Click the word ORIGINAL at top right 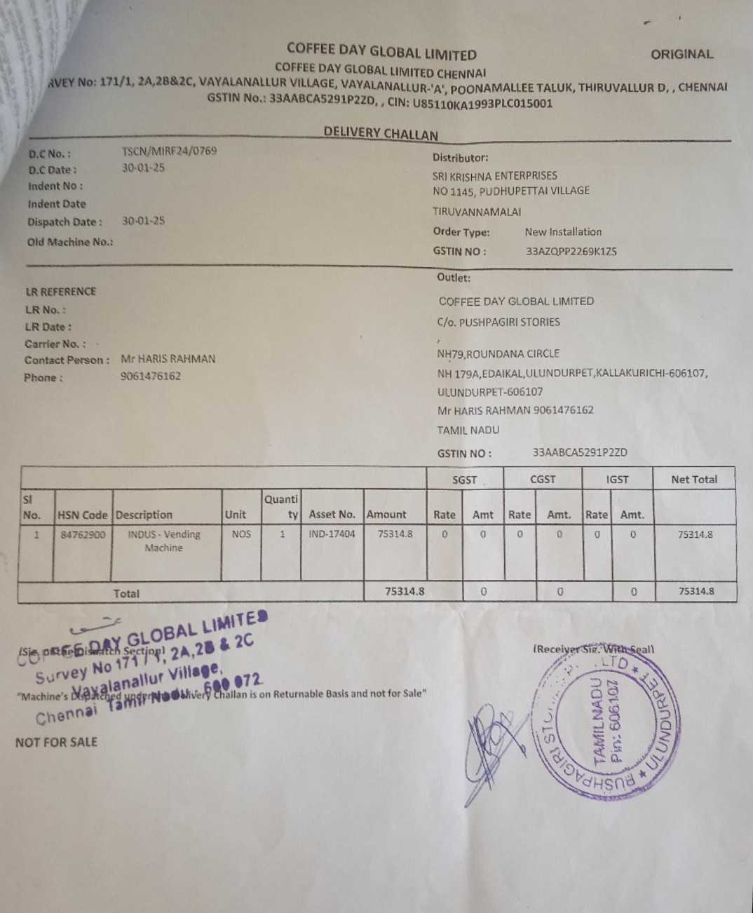point(681,54)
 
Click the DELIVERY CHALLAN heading point(381,133)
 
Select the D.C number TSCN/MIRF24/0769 point(169,151)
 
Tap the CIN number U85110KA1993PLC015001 point(482,104)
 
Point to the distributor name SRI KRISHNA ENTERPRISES point(494,175)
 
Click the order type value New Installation point(563,231)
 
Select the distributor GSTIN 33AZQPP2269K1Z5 point(571,251)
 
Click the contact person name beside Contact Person point(168,359)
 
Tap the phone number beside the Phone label point(150,376)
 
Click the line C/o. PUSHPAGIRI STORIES point(498,322)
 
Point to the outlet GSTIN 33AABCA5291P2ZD point(580,452)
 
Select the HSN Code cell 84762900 point(83,534)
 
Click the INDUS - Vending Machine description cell point(164,541)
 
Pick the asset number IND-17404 point(332,534)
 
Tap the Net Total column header point(694,480)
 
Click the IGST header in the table point(617,480)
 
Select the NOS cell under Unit point(241,534)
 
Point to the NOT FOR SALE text point(56,742)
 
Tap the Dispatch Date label point(65,222)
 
